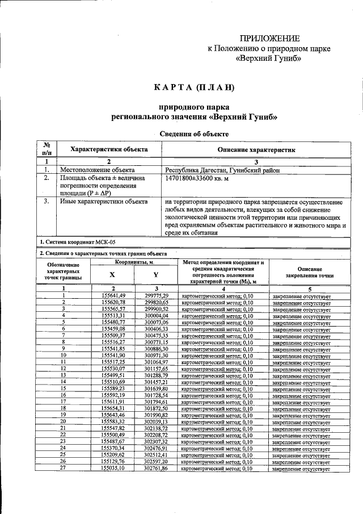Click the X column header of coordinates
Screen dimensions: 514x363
pos(112,274)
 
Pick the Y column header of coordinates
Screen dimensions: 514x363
pos(156,274)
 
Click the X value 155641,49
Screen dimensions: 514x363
pos(113,295)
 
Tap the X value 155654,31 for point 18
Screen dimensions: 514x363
pos(113,408)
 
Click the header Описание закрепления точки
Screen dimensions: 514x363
pos(309,272)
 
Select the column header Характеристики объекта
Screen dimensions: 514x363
pos(108,149)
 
